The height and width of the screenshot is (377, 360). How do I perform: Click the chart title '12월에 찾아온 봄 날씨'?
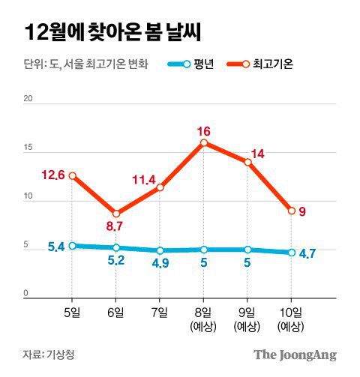coord(112,31)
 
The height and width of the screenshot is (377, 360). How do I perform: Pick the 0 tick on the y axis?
coord(26,293)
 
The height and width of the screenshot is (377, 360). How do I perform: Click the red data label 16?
coord(204,130)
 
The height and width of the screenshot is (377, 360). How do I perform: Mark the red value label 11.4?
coord(142,180)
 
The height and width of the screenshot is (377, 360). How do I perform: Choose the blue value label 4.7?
coord(307,253)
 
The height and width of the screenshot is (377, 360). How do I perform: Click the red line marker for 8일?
coord(204,142)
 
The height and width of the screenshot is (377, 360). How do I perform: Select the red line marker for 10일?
coord(291,211)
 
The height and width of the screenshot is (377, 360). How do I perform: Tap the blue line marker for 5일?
coord(72,245)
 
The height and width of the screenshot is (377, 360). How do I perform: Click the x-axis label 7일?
coord(160,312)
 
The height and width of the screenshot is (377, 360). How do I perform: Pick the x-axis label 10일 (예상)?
coord(291,319)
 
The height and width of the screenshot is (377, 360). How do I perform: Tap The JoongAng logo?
coord(294,355)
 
